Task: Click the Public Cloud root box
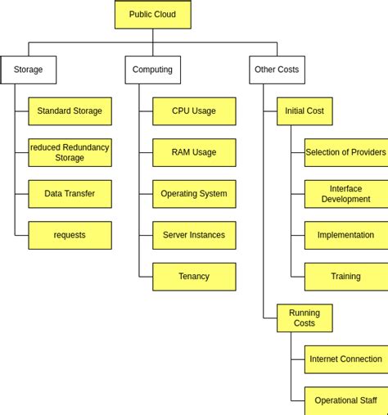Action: pyautogui.click(x=152, y=15)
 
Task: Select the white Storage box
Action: pyautogui.click(x=29, y=70)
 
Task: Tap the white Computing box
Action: pyautogui.click(x=152, y=70)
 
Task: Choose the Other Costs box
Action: pyautogui.click(x=277, y=70)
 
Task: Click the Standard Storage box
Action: pyautogui.click(x=70, y=111)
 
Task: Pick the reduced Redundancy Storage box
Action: pyautogui.click(x=70, y=152)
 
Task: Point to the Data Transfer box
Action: pyautogui.click(x=70, y=194)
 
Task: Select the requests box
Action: pyautogui.click(x=70, y=235)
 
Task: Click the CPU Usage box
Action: pyautogui.click(x=194, y=111)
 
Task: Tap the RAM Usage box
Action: pyautogui.click(x=194, y=152)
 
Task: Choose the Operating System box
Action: pyautogui.click(x=194, y=194)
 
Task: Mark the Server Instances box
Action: pyautogui.click(x=194, y=235)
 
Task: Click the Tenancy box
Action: pyautogui.click(x=194, y=277)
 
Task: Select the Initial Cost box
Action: pyautogui.click(x=305, y=111)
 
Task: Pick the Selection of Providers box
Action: pyautogui.click(x=345, y=152)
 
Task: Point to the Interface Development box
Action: pyautogui.click(x=345, y=194)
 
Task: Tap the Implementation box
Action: pyautogui.click(x=345, y=235)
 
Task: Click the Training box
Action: pyautogui.click(x=345, y=277)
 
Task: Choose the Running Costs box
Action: pyautogui.click(x=305, y=318)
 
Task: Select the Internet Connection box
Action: pyautogui.click(x=345, y=359)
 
